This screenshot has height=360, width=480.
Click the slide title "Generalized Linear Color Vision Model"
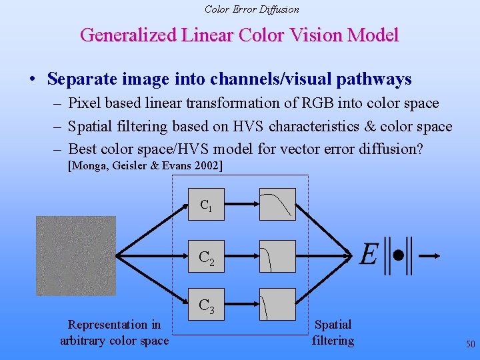click(239, 35)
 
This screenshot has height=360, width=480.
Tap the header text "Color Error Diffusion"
click(251, 9)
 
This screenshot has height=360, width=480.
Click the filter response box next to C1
click(277, 204)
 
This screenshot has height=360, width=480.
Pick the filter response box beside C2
click(277, 256)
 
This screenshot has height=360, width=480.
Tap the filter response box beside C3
click(277, 304)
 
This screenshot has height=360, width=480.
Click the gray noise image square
click(75, 256)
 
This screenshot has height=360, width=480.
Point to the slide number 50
click(470, 345)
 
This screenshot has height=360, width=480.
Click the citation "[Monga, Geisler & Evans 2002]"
click(146, 165)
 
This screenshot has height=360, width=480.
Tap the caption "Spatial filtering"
click(333, 333)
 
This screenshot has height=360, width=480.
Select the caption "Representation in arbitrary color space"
click(114, 333)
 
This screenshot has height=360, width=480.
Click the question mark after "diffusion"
click(418, 149)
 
